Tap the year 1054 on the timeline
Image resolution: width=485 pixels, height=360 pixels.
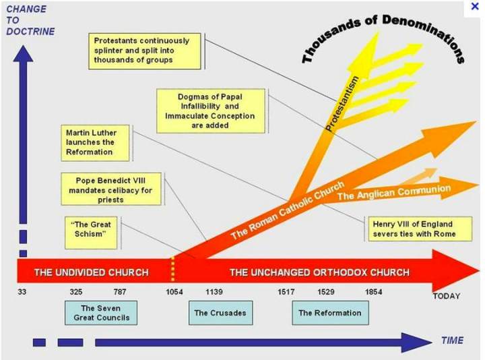pos(174,292)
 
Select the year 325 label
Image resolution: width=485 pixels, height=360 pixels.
pos(76,292)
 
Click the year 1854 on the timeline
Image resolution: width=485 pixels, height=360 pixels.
pos(373,292)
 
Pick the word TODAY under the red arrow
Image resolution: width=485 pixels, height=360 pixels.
pos(446,296)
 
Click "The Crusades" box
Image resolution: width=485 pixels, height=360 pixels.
pos(220,313)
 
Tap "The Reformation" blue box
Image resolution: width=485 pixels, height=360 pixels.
pos(329,313)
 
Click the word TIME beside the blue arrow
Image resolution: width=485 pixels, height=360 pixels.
pos(452,340)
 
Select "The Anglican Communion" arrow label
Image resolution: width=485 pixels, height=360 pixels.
pos(393,192)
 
